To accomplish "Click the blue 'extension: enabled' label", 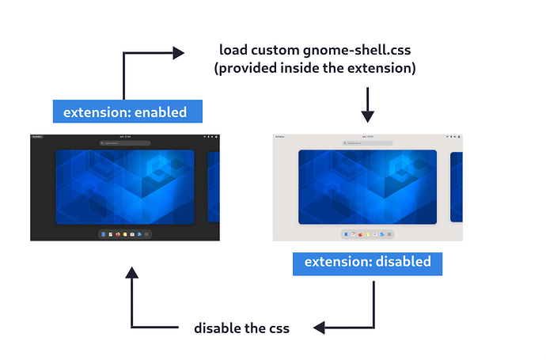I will [125, 112].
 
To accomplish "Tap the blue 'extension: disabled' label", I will [367, 262].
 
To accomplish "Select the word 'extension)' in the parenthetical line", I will [385, 69].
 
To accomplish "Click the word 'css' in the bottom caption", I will [278, 328].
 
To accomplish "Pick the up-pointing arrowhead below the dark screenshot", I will [132, 273].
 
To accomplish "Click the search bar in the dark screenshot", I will [124, 143].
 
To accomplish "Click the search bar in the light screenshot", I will [367, 143].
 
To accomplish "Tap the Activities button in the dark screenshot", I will [37, 137].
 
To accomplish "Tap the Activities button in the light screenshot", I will [279, 137].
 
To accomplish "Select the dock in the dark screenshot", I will [124, 234].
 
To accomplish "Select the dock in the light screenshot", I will [367, 234].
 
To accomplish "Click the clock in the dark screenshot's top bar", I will [124, 137].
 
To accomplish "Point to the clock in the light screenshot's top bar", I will [367, 137].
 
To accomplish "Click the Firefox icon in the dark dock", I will [118, 234].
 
